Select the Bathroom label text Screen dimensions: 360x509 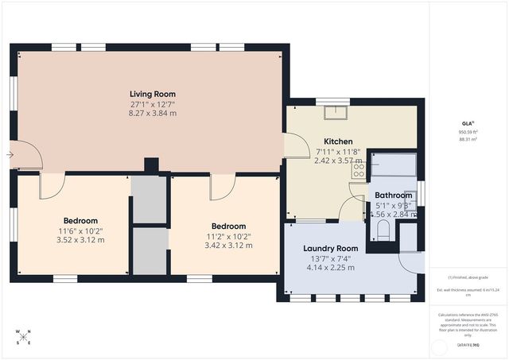pos(393,195)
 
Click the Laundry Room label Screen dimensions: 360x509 pos(331,248)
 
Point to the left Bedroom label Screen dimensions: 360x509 pos(80,220)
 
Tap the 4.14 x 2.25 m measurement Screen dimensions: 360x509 pos(331,268)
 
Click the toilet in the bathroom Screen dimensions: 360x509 pos(383,231)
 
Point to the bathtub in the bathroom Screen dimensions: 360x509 pos(394,165)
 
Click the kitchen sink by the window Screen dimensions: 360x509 pos(333,110)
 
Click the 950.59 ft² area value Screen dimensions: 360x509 pos(468,132)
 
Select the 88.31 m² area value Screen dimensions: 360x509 pos(468,140)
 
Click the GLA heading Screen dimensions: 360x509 pos(468,123)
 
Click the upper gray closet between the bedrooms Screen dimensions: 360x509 pos(149,199)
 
